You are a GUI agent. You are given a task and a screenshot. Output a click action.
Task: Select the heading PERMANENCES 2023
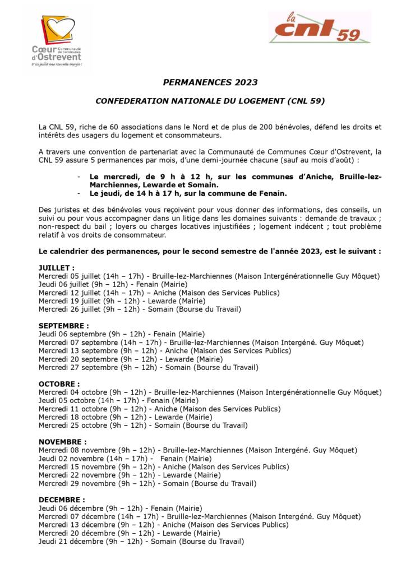[x=210, y=82]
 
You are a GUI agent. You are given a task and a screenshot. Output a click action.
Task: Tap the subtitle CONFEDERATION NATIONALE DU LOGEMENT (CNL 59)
[x=210, y=101]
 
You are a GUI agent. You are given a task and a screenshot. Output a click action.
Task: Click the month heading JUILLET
[x=56, y=269]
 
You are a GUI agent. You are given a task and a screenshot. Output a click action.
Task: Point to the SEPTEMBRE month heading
[x=63, y=326]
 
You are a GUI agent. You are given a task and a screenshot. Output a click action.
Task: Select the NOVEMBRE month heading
[x=63, y=442]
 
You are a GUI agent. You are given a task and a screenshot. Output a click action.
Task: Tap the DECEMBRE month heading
[x=62, y=499]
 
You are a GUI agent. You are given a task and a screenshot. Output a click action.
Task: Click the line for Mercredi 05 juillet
[x=209, y=276]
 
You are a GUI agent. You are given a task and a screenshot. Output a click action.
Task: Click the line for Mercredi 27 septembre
[x=148, y=368]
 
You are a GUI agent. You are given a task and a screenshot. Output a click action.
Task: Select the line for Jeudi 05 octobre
[x=118, y=401]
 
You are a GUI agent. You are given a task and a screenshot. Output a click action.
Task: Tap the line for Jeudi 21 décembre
[x=141, y=541]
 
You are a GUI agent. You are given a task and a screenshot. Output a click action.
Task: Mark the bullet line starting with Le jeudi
[x=188, y=194]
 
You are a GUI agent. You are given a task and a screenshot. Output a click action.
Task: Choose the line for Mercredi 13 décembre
[x=163, y=525]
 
